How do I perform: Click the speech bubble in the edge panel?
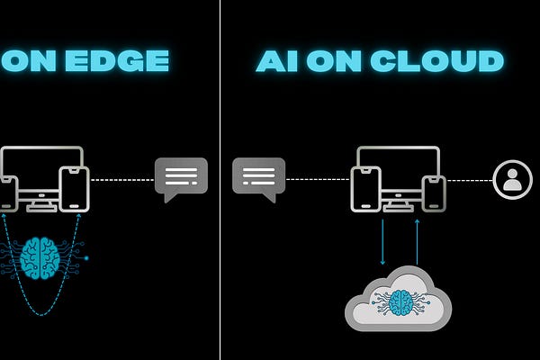point(181,178)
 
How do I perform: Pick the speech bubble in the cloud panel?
point(258,178)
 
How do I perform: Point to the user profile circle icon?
point(513,179)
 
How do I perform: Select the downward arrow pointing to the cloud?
point(382,240)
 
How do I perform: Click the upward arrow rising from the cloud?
point(417,240)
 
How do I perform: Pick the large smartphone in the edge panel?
point(74,190)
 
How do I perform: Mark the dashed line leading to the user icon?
point(469,180)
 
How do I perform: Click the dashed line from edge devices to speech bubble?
point(121,180)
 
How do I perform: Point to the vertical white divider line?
point(220,180)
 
